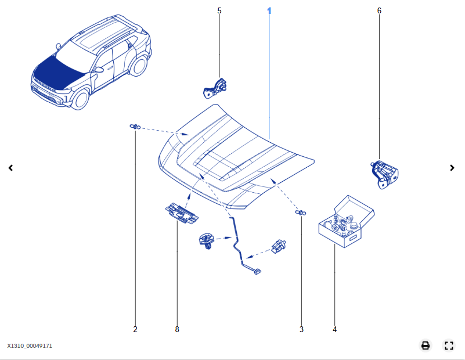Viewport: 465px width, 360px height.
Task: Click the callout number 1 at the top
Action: (269, 11)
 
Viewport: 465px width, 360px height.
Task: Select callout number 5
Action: (219, 11)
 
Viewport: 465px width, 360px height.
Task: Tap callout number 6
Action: (379, 11)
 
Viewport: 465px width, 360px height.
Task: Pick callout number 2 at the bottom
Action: (135, 329)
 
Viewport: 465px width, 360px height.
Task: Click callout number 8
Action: (177, 329)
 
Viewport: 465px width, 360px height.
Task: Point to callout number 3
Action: (301, 329)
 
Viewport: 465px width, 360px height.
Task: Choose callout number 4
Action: (334, 329)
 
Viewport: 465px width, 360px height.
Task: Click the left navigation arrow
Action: (10, 168)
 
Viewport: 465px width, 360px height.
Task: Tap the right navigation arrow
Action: (452, 168)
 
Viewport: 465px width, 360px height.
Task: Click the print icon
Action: (426, 345)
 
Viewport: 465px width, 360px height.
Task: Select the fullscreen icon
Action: (448, 345)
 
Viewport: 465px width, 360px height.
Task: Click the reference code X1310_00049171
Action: (30, 346)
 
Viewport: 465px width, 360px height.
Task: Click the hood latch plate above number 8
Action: (181, 213)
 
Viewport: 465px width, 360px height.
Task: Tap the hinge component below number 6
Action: (384, 174)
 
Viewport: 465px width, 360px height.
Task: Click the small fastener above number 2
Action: (135, 127)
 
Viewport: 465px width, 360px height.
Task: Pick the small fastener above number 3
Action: (301, 213)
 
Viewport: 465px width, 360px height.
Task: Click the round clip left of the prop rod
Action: (207, 240)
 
